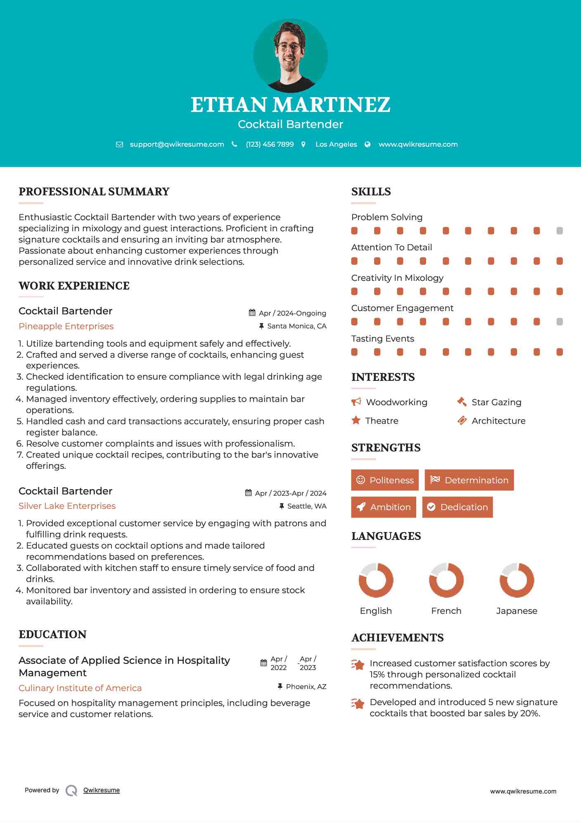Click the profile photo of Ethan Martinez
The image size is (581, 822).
point(290,55)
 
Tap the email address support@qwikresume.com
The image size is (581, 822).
point(177,144)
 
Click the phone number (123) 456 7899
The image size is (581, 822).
point(270,144)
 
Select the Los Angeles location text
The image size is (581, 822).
point(336,144)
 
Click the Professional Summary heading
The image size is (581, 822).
point(94,192)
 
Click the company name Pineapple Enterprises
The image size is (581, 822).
point(66,326)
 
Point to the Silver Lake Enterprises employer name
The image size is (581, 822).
point(67,506)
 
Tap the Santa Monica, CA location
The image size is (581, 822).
point(296,326)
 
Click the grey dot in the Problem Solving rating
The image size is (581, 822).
point(560,230)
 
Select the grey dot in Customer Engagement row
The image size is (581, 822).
point(560,321)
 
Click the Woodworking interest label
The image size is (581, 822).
point(396,402)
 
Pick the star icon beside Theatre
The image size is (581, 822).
point(356,421)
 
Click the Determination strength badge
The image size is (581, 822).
point(469,480)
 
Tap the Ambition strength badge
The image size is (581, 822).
point(384,507)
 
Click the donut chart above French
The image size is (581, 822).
point(446,580)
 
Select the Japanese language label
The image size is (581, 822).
point(517,611)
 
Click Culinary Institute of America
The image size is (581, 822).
point(80,688)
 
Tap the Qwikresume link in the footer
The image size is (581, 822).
point(102,790)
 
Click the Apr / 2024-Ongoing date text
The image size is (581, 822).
point(292,313)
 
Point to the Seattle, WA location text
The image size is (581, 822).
point(306,506)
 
